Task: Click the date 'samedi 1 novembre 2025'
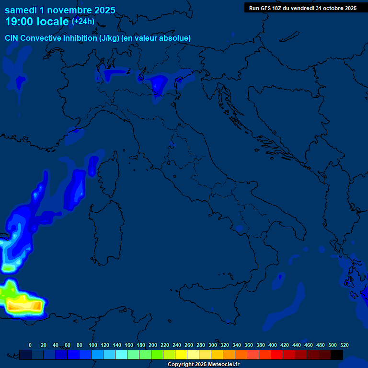click(60, 10)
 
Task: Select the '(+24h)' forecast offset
click(83, 22)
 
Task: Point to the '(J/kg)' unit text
click(110, 38)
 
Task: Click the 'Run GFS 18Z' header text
click(270, 8)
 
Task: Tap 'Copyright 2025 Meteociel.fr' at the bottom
click(203, 365)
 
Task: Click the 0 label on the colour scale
click(30, 345)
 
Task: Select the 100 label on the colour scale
click(92, 345)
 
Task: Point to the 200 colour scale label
click(152, 345)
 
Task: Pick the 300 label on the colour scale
click(212, 345)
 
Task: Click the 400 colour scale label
click(272, 345)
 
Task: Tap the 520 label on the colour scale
click(344, 345)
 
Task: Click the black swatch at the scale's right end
click(337, 355)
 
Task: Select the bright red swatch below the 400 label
click(277, 355)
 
